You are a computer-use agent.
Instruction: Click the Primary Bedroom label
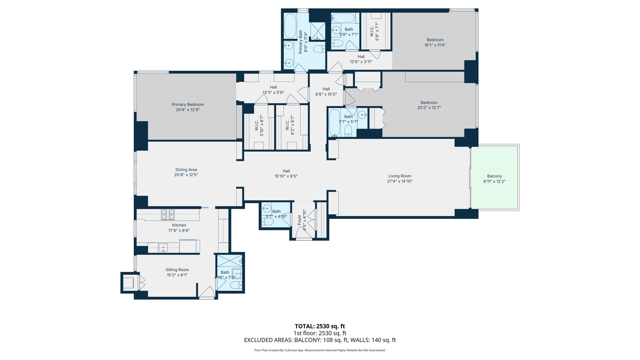tap(188, 104)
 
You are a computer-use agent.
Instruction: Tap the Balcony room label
tap(494, 176)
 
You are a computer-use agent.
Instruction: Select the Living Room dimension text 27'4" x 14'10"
tap(400, 181)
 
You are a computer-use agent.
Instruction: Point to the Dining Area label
tap(186, 170)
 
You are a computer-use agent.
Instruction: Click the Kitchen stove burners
tap(168, 214)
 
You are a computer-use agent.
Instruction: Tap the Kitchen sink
tap(163, 248)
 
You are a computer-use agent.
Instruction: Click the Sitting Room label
tap(177, 270)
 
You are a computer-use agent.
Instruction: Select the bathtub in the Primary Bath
tap(290, 26)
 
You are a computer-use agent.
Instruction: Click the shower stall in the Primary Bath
tap(318, 31)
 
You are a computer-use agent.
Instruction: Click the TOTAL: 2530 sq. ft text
tap(320, 326)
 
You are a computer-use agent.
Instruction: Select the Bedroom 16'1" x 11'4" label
tap(435, 42)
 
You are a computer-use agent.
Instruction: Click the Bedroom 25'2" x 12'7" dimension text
tap(429, 108)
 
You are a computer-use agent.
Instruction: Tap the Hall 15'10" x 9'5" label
tap(286, 173)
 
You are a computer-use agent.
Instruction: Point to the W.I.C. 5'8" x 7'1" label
tap(374, 31)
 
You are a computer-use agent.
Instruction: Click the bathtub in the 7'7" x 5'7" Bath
tap(334, 123)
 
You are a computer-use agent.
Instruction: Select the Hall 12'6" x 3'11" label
tap(361, 59)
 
